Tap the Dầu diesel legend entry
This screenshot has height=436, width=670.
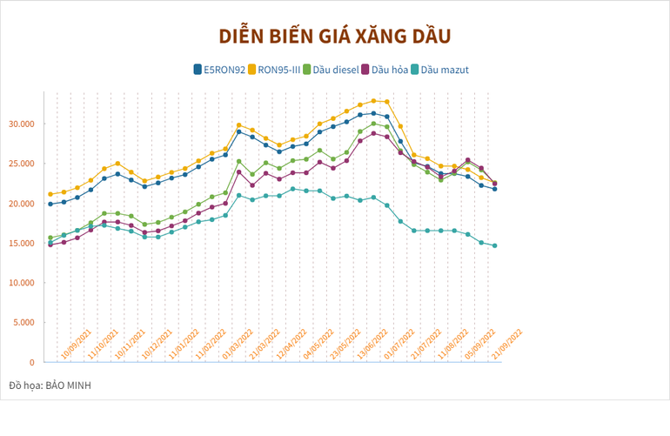(336, 69)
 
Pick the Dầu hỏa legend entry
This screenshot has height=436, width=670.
(390, 69)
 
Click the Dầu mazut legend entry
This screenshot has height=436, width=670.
(445, 69)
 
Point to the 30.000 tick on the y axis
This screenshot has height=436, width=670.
(21, 124)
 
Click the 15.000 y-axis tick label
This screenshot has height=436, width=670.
(21, 243)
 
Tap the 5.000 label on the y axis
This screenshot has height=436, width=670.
(23, 322)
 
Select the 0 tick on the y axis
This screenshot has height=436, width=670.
(33, 362)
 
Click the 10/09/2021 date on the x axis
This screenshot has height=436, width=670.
(76, 345)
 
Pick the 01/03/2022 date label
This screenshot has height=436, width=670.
(238, 345)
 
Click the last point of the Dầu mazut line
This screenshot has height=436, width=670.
(495, 245)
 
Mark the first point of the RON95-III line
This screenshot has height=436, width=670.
(50, 194)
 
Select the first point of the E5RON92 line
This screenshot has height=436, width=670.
(50, 204)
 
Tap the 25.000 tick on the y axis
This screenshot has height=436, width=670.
(21, 164)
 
